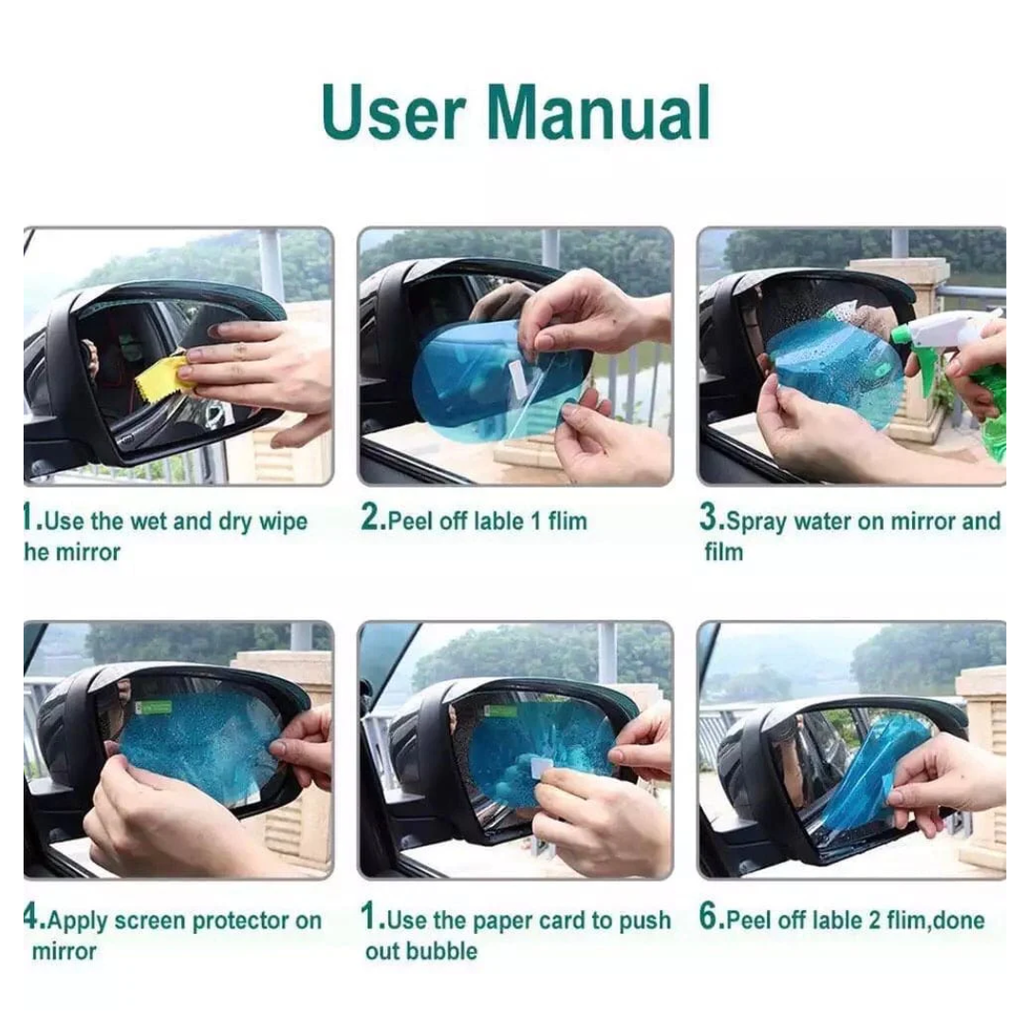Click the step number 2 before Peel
(370, 519)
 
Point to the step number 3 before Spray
(710, 519)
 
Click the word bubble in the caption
(443, 950)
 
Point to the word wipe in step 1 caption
(282, 521)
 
